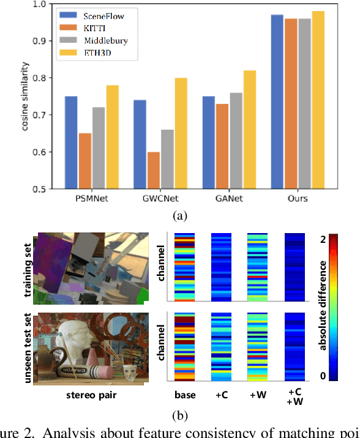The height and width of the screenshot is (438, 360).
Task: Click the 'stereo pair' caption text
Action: click(92, 395)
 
